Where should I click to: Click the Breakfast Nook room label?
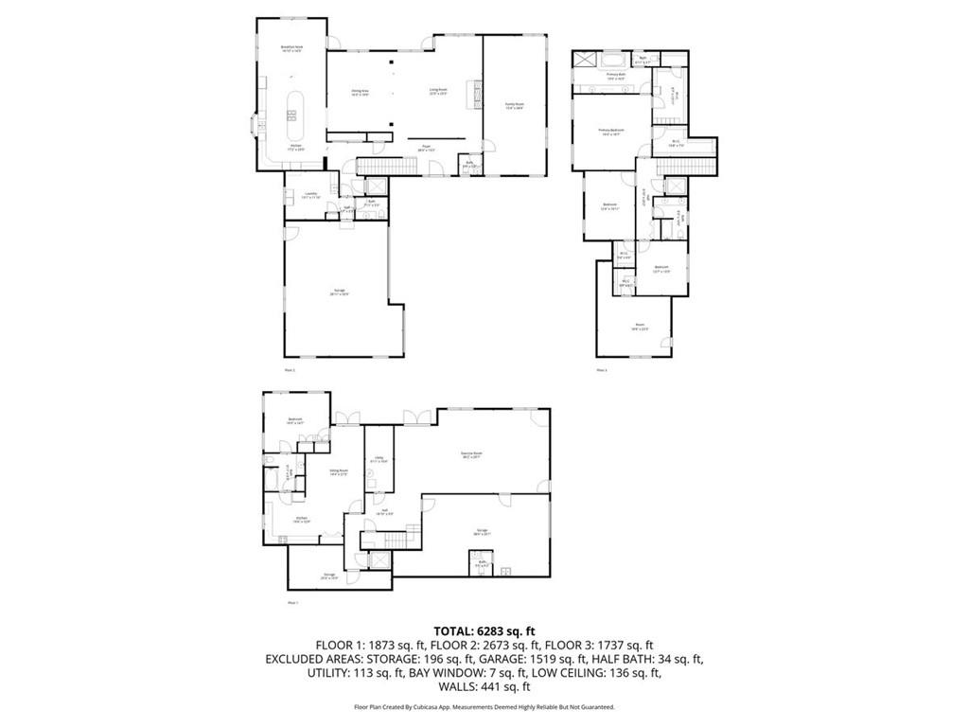(x=291, y=47)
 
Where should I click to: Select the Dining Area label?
(x=361, y=93)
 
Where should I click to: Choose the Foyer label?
(x=427, y=148)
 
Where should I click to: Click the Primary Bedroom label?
(x=611, y=131)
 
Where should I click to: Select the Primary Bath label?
(x=617, y=76)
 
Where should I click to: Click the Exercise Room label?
(x=484, y=455)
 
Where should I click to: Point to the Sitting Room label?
(x=339, y=471)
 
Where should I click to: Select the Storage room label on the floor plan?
(x=329, y=576)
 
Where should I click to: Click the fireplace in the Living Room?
(x=478, y=95)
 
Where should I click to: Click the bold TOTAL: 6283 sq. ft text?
(x=484, y=630)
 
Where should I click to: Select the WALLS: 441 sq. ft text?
(x=484, y=687)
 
